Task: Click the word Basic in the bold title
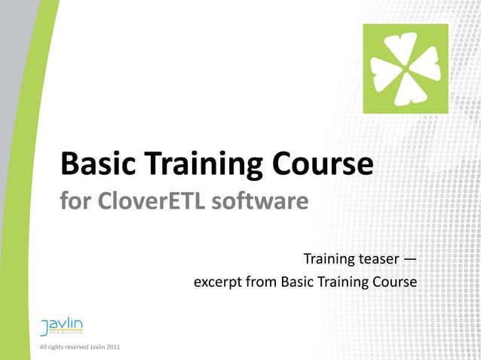pos(98,165)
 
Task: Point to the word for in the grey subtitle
pos(74,202)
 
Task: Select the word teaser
pos(376,260)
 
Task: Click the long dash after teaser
pos(409,260)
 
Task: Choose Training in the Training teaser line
pos(329,260)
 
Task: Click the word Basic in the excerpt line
pos(296,283)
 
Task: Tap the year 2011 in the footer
pos(111,347)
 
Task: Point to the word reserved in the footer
pos(75,347)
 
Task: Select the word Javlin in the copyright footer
pos(96,347)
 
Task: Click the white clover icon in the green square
pos(406,69)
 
